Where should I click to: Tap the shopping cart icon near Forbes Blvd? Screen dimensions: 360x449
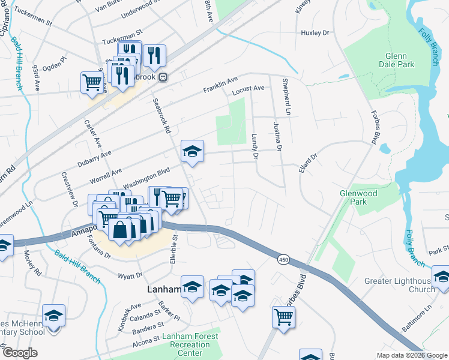point(283,316)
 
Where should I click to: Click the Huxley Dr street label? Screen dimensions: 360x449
point(316,34)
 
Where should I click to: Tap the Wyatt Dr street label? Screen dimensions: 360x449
point(131,275)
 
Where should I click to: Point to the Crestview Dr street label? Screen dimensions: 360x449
point(70,189)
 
